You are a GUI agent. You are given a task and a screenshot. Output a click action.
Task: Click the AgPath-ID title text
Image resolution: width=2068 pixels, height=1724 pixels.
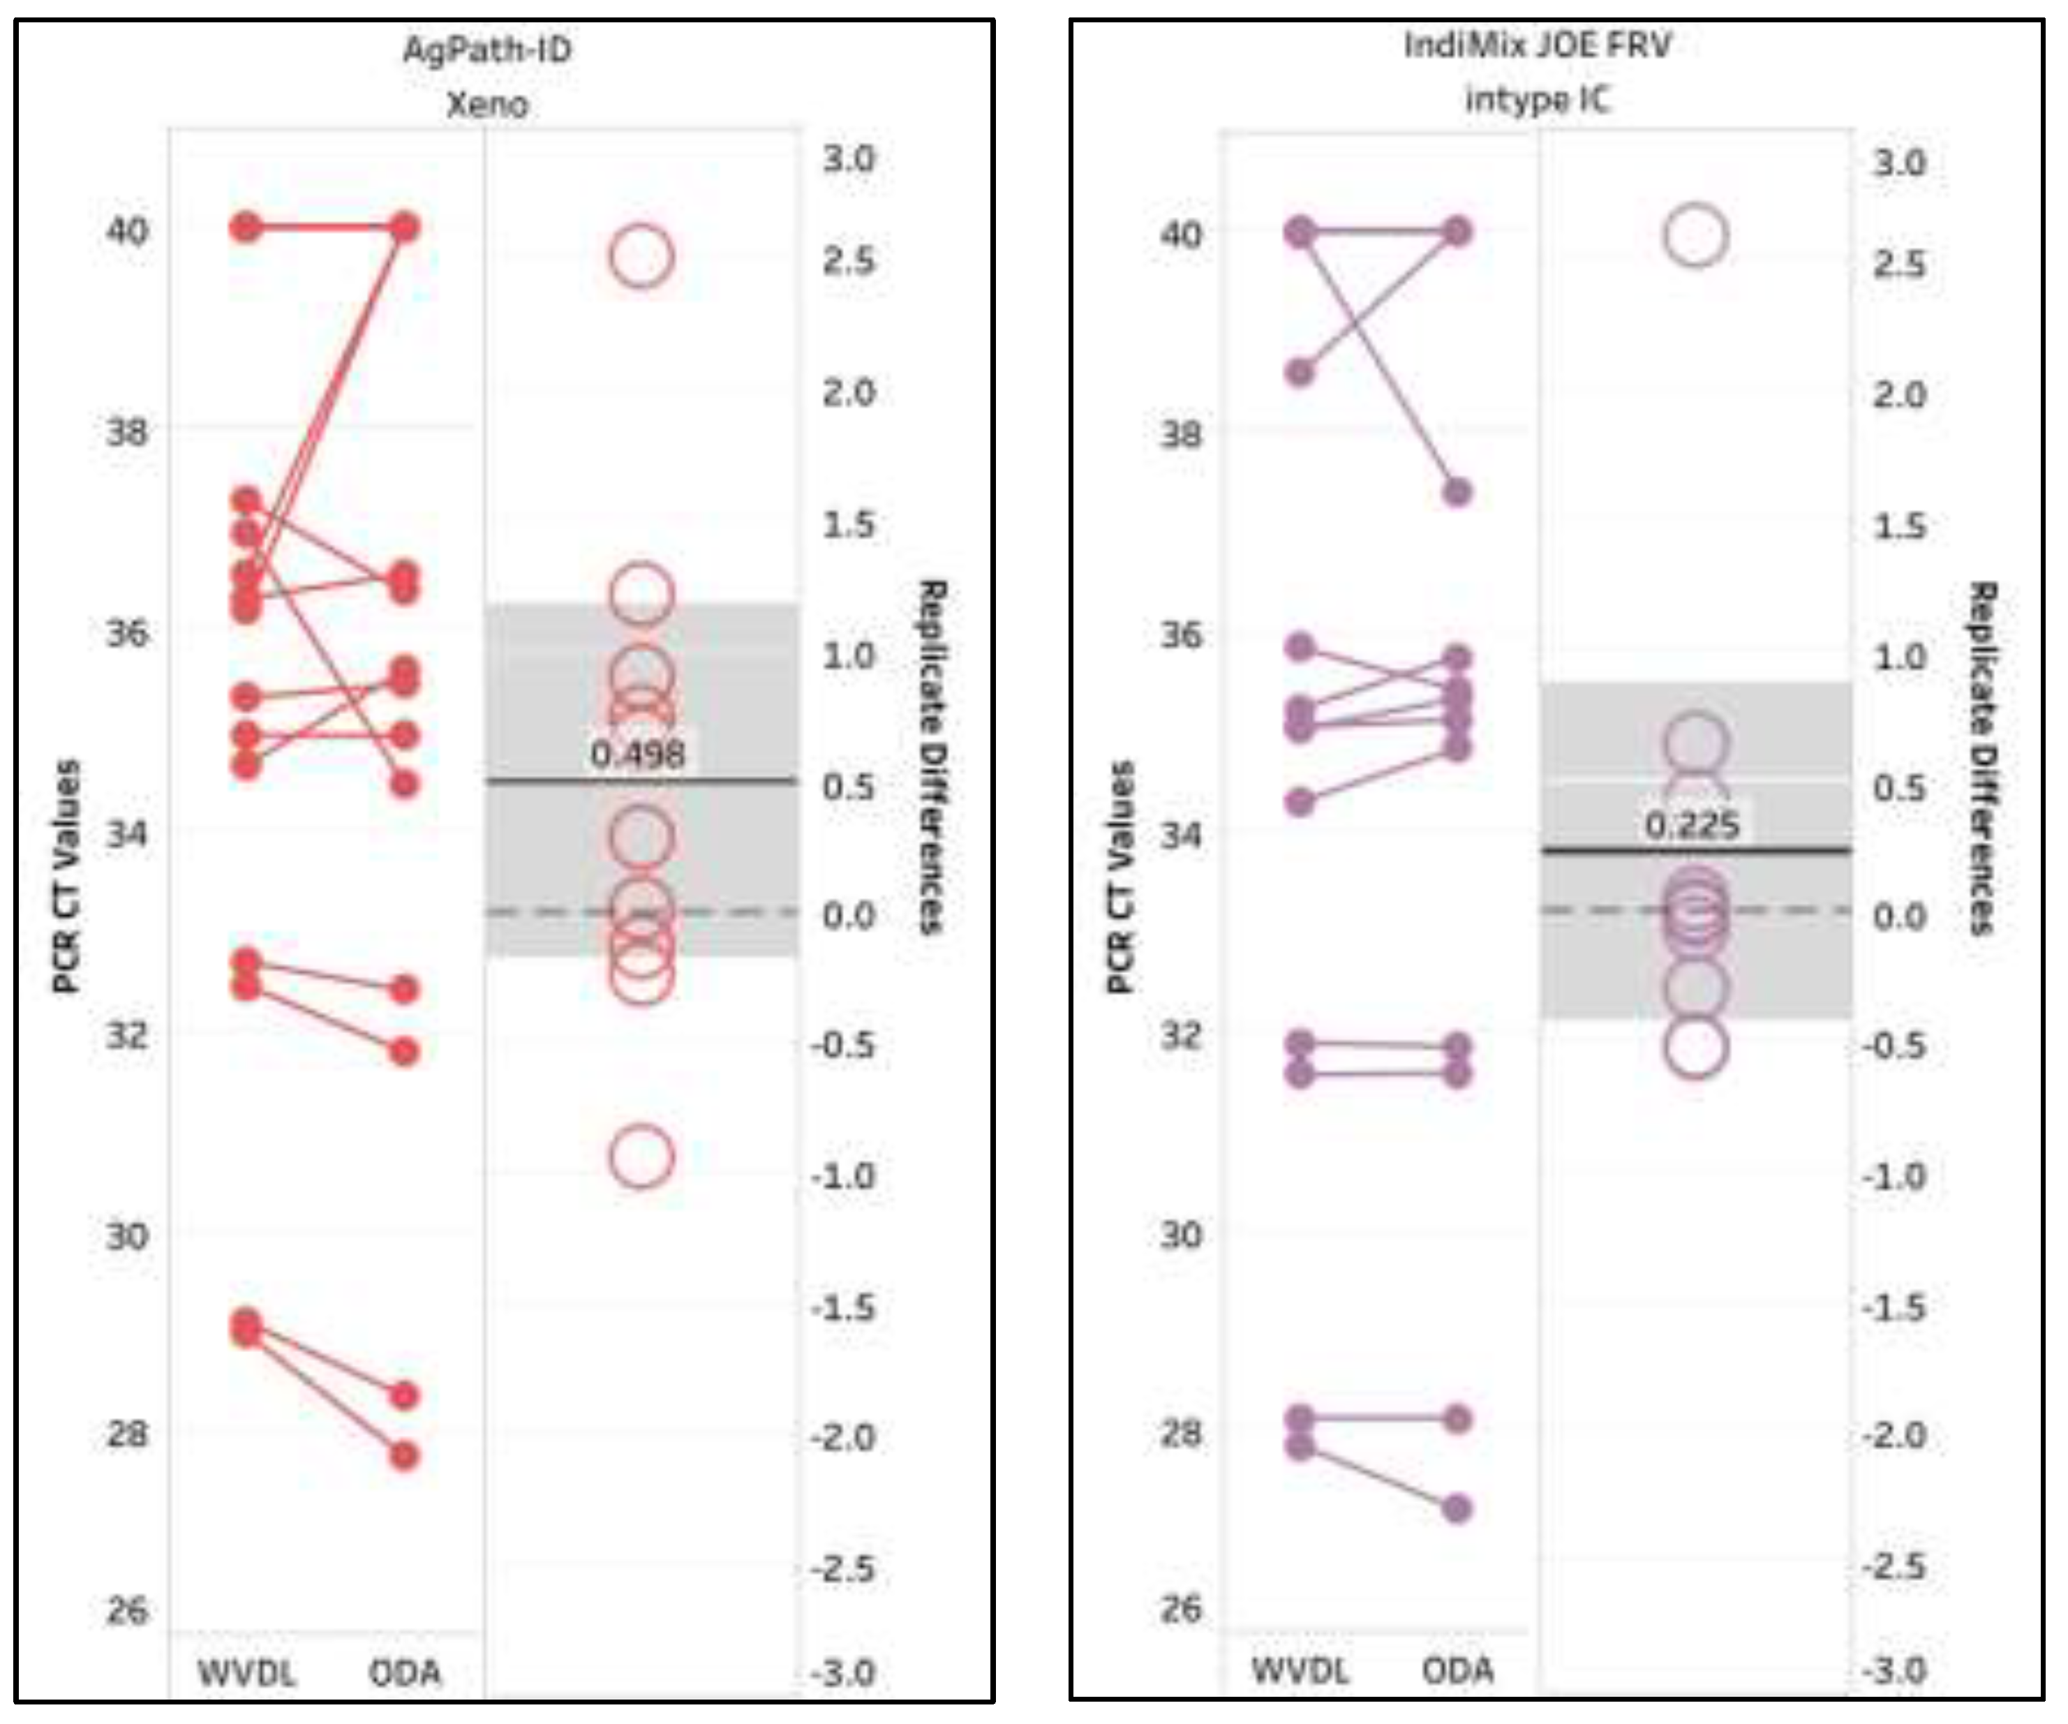pos(486,50)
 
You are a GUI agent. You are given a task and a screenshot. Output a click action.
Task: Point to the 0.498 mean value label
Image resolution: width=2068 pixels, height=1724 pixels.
pos(637,755)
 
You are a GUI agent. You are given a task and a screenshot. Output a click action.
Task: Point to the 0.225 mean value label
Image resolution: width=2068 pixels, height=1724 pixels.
pos(1692,824)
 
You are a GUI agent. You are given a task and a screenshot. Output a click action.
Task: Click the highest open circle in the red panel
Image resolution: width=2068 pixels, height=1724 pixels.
pos(641,256)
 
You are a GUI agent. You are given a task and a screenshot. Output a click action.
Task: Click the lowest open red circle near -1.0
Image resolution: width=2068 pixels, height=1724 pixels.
pos(641,1156)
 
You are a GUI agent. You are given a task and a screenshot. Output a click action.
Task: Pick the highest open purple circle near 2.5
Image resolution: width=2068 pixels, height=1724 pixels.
pos(1695,235)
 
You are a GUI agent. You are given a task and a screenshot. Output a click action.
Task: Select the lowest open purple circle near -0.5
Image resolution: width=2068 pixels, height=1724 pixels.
pos(1695,1046)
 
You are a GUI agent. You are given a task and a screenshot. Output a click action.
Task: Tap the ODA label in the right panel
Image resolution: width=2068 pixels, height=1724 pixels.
pos(1457,1670)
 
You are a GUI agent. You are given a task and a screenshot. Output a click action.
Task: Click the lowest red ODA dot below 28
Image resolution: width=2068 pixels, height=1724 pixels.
pos(403,1455)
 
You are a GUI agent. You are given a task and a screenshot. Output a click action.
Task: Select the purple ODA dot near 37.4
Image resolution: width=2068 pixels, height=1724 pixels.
pos(1457,491)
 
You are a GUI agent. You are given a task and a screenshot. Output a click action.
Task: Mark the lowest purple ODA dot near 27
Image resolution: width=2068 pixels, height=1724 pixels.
pos(1457,1508)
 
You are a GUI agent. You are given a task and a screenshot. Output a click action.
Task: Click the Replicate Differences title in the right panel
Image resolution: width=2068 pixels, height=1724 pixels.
pos(1981,757)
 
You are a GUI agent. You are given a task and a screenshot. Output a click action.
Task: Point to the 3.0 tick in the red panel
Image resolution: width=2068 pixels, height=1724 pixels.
pos(849,158)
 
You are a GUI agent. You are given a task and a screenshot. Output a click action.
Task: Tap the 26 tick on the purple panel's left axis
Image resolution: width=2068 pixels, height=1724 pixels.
pos(1181,1609)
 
